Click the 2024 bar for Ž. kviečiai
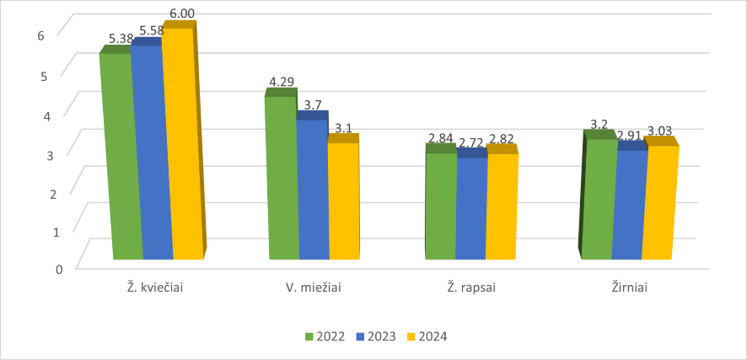(184, 143)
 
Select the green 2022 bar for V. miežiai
(282, 177)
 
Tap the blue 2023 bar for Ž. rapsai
(471, 207)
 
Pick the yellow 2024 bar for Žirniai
(658, 202)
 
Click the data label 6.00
(182, 14)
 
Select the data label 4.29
(282, 82)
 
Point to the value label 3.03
(659, 131)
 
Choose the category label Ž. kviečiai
(150, 287)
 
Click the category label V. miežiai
(314, 287)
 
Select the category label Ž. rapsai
(470, 287)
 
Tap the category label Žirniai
(629, 287)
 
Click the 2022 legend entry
(325, 336)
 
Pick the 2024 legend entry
(426, 336)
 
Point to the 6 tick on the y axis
(40, 35)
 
